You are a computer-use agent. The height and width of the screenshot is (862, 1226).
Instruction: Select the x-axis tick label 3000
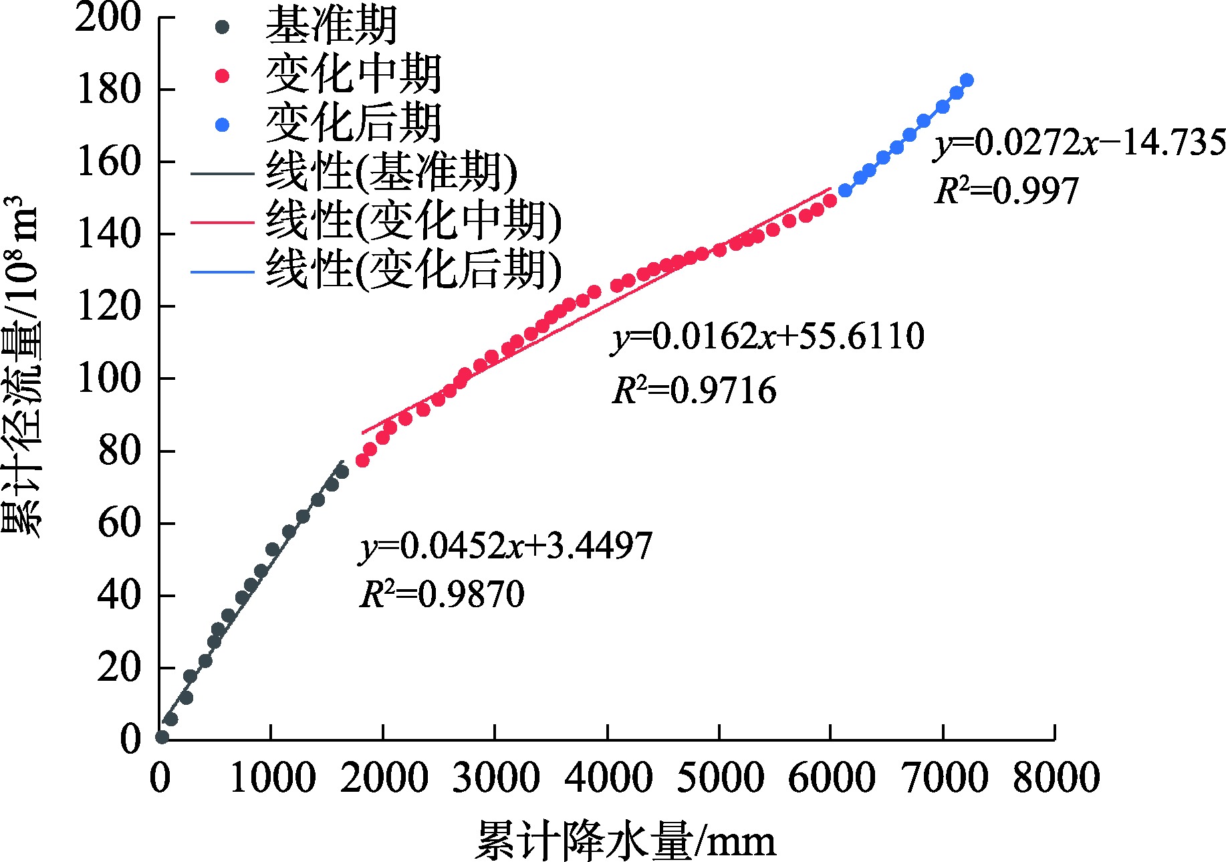(x=495, y=778)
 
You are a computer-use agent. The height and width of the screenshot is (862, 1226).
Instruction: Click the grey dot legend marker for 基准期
(x=223, y=27)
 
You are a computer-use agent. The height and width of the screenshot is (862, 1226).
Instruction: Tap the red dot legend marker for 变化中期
(x=223, y=76)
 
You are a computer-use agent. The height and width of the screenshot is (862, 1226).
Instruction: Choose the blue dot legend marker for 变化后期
(x=223, y=125)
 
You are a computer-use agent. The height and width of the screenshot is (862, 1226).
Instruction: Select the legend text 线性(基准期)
(x=392, y=173)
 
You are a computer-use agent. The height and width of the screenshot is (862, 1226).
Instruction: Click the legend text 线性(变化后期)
(x=414, y=270)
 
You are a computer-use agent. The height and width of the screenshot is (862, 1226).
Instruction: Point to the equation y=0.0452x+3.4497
(x=506, y=546)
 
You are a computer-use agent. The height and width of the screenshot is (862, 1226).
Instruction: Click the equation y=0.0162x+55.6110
(x=768, y=336)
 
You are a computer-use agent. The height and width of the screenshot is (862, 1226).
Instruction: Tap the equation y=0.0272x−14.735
(x=1080, y=143)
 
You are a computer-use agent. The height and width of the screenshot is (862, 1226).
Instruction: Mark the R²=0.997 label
(x=1006, y=191)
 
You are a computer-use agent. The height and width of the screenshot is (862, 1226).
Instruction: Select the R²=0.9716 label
(x=695, y=391)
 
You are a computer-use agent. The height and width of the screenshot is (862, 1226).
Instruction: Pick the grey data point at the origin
(x=162, y=737)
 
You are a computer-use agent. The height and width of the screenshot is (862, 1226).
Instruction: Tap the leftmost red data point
(x=362, y=461)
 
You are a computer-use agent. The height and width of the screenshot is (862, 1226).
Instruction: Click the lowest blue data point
(x=845, y=191)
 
